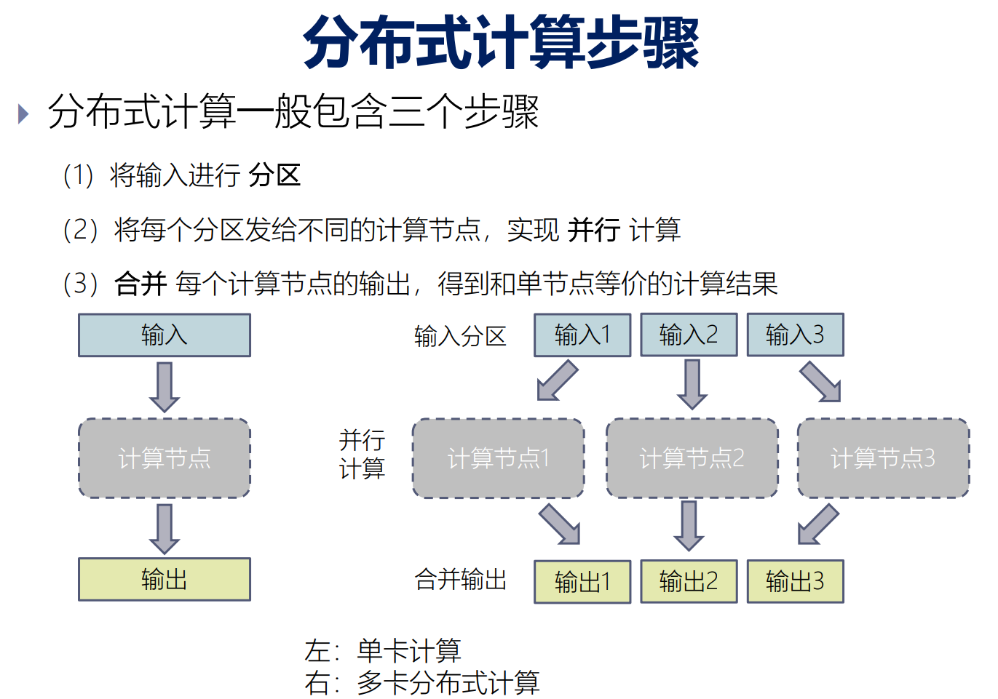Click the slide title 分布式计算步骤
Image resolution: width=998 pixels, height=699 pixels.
pos(501,44)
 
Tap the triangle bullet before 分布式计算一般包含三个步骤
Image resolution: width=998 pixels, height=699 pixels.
pos(23,113)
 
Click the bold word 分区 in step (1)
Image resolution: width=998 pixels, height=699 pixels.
pos(274,175)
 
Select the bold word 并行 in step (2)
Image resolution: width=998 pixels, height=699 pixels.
pos(593,230)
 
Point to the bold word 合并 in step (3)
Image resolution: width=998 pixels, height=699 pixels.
pos(140,284)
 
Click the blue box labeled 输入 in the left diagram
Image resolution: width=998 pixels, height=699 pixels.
pos(165,335)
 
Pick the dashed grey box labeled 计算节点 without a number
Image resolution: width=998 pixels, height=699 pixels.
pos(165,458)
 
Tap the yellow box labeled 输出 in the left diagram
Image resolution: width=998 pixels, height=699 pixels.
pos(165,580)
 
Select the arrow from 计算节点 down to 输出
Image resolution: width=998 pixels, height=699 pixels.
pos(165,529)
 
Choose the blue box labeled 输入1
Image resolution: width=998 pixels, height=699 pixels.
pos(582,335)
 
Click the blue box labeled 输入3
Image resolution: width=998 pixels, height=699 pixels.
pos(795,335)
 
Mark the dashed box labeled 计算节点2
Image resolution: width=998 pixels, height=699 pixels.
pos(692,458)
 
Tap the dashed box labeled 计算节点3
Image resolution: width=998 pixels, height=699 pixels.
pos(883,458)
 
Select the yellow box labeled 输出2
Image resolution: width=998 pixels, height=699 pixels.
pos(689,581)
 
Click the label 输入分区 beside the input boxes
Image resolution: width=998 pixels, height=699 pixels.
pos(460,337)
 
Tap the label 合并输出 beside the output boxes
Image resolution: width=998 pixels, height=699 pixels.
pos(460,580)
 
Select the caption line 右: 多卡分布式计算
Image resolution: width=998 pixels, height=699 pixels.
pos(422,683)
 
